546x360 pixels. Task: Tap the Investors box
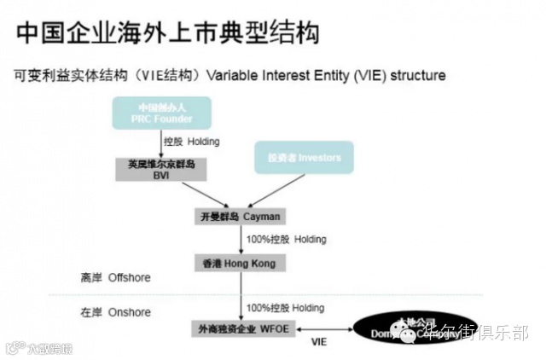click(x=304, y=158)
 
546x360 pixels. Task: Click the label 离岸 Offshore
click(x=108, y=278)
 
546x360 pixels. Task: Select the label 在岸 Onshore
click(x=110, y=312)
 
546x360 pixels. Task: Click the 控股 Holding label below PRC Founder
click(x=189, y=141)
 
